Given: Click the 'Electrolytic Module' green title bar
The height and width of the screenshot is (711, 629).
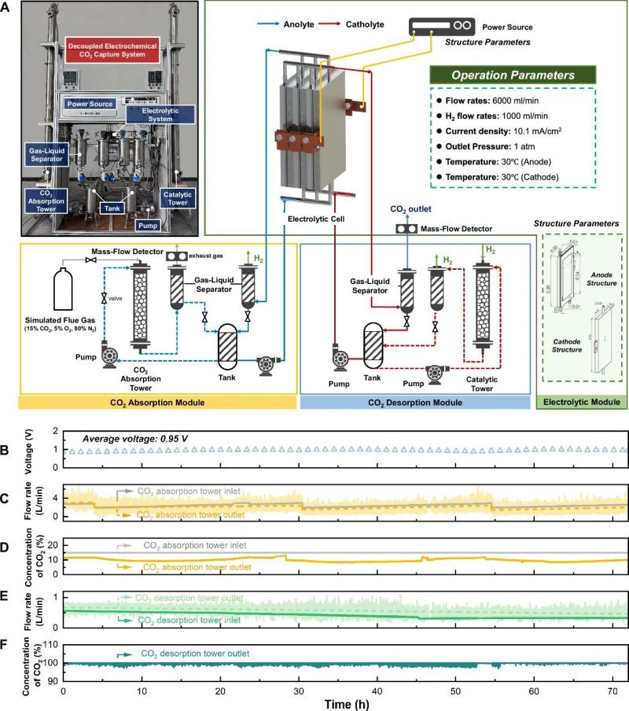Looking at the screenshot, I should pyautogui.click(x=580, y=401).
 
